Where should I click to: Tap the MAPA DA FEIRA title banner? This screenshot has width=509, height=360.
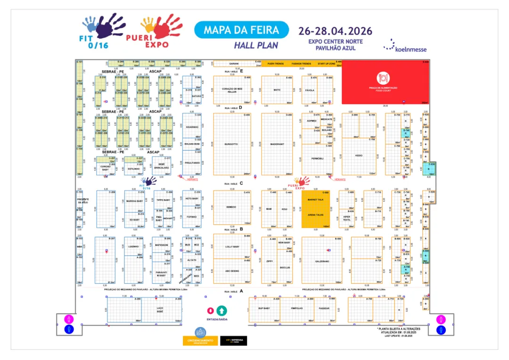(x=241, y=30)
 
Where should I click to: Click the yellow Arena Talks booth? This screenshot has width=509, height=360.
(x=315, y=215)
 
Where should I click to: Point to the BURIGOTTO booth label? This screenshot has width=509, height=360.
(x=231, y=144)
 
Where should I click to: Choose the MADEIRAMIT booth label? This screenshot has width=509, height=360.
(x=277, y=144)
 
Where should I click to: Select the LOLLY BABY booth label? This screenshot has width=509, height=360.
(x=232, y=246)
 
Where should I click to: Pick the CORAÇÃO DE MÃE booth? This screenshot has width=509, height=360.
(x=232, y=90)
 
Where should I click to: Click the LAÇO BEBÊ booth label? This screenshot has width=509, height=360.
(x=159, y=310)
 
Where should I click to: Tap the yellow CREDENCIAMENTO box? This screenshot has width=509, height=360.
(x=201, y=341)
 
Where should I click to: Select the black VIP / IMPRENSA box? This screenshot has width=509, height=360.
(x=234, y=341)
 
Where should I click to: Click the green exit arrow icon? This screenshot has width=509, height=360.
(x=222, y=311)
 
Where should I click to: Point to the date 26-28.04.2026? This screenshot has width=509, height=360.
(x=335, y=31)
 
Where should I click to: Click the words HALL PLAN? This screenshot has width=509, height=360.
(x=256, y=46)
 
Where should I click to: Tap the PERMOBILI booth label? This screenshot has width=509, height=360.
(x=317, y=158)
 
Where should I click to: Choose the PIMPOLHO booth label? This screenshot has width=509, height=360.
(x=296, y=308)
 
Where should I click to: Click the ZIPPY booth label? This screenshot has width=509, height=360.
(x=269, y=261)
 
